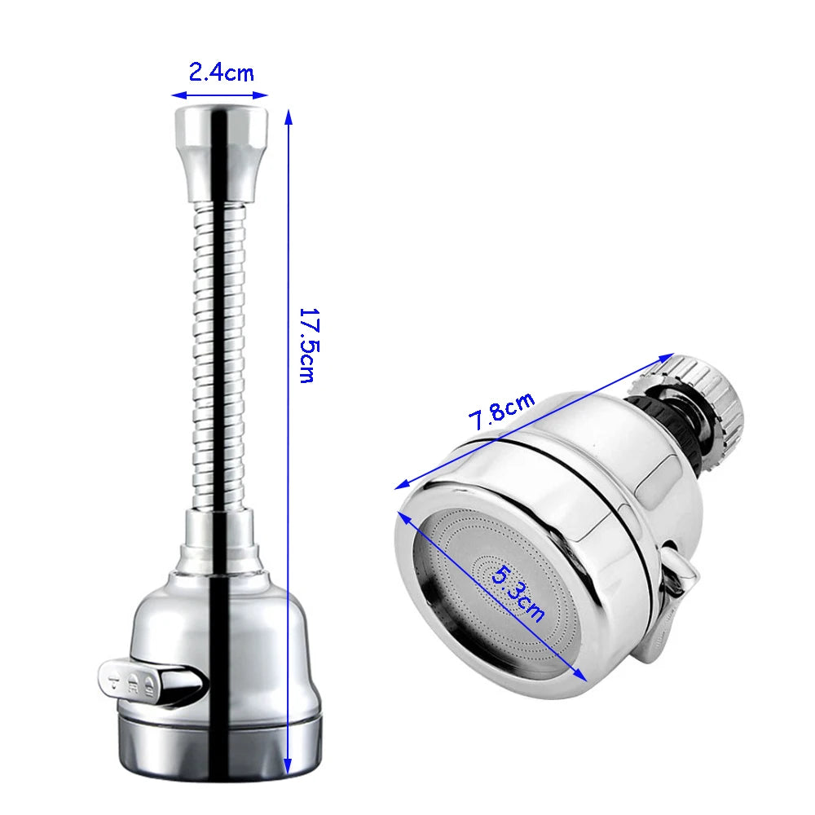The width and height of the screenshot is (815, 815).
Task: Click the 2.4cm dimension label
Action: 221,73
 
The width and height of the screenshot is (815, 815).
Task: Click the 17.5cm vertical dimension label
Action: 306,345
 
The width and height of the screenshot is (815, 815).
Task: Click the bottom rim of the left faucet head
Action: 220,746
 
